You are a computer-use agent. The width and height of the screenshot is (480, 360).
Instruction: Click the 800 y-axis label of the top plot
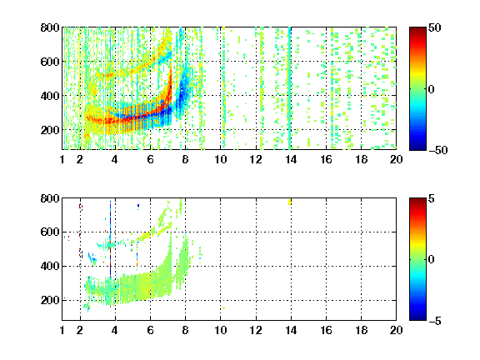pos(50,27)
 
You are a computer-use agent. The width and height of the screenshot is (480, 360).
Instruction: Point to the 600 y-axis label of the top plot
pos(50,62)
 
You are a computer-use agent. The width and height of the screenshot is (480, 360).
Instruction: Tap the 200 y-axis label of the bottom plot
pos(50,300)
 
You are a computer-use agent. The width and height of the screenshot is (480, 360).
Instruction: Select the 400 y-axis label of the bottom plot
pos(50,266)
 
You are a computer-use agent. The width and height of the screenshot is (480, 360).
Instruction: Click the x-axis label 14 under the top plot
pos(291,159)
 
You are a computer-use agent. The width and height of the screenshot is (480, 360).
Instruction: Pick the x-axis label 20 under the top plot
pos(396,159)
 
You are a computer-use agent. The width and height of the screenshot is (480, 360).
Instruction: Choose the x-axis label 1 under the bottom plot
pos(62,330)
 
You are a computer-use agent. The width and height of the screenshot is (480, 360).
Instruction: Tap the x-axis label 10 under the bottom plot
pos(220,330)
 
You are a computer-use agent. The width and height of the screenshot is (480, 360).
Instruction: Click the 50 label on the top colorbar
pos(434,27)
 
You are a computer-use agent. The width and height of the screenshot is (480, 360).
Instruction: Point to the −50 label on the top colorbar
pos(438,150)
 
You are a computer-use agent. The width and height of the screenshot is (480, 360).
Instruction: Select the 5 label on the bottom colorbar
pos(432,198)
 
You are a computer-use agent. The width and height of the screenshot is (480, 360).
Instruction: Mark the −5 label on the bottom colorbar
pos(435,321)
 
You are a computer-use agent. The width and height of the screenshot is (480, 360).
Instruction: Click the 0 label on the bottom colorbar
pos(431,260)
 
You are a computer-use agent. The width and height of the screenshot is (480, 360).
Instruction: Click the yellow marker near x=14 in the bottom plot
pos(290,202)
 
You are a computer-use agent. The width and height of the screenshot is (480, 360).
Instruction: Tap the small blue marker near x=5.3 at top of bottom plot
pos(138,206)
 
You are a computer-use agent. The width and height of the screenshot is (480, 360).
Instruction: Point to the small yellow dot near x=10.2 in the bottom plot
pos(224,308)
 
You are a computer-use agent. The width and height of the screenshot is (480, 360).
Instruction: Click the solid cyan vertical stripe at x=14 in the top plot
pos(290,88)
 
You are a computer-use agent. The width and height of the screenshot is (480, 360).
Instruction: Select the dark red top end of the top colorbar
pos(417,29)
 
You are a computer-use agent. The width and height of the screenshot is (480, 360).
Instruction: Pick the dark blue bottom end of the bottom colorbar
pos(417,318)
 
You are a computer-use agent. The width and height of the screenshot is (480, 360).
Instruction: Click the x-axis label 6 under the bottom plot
pos(150,330)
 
